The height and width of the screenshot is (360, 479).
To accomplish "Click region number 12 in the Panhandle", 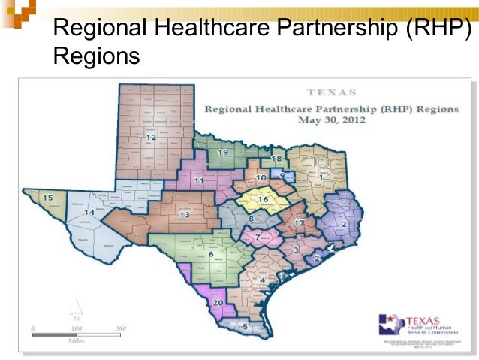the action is pyautogui.click(x=151, y=138).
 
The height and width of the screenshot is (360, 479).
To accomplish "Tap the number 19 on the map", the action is pyautogui.click(x=222, y=153).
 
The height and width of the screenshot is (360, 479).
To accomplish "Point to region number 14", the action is pyautogui.click(x=89, y=213).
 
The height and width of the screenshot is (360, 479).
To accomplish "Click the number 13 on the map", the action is pyautogui.click(x=185, y=215).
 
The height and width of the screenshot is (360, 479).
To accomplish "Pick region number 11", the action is pyautogui.click(x=199, y=181).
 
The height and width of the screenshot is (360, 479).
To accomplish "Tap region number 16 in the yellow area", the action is pyautogui.click(x=263, y=199).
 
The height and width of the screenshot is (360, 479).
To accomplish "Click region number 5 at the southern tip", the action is pyautogui.click(x=245, y=326).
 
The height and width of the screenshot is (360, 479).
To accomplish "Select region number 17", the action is pyautogui.click(x=299, y=223).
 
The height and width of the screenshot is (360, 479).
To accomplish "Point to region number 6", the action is pyautogui.click(x=211, y=254).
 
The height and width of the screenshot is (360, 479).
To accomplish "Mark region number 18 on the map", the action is pyautogui.click(x=276, y=159).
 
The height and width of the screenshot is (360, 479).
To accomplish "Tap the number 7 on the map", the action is pyautogui.click(x=258, y=237).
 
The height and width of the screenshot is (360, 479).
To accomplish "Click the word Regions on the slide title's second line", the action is pyautogui.click(x=97, y=56).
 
